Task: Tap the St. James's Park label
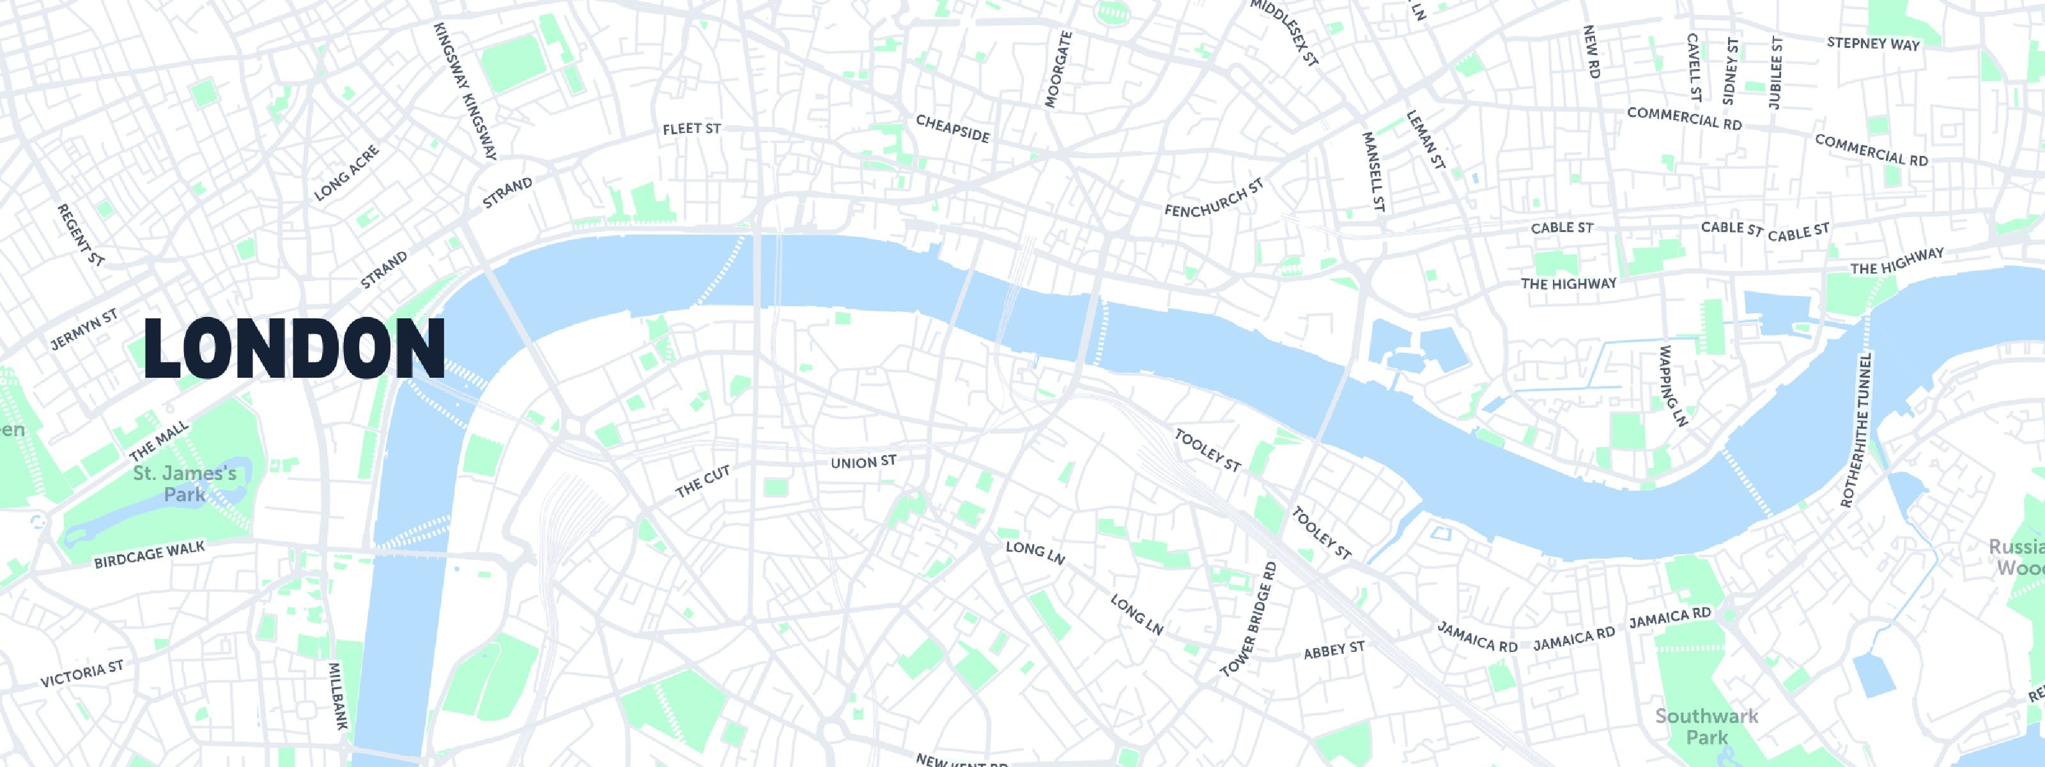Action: click(184, 484)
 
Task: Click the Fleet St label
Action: click(691, 128)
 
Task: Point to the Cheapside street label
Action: click(953, 128)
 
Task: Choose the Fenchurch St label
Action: click(1214, 198)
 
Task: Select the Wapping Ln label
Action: click(1672, 386)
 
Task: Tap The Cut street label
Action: click(702, 482)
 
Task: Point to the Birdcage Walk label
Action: click(150, 555)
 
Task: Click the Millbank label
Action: click(339, 695)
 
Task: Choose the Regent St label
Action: click(81, 234)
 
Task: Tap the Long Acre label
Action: click(347, 173)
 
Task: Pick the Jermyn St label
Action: click(83, 330)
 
